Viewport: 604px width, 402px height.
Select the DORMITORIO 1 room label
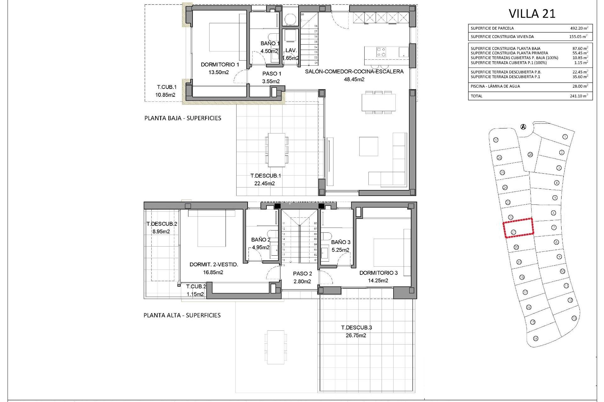pos(220,64)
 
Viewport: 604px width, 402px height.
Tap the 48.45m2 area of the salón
pos(354,79)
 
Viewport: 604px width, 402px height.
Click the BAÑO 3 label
pos(340,242)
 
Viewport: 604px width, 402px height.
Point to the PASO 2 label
pos(302,274)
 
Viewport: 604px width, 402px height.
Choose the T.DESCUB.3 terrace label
pos(356,328)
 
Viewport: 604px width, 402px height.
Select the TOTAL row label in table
pos(476,96)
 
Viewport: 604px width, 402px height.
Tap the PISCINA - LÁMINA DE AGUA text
pos(495,86)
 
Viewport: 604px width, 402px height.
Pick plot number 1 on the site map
pos(565,137)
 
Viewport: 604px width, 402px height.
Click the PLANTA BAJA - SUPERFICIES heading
pos(182,118)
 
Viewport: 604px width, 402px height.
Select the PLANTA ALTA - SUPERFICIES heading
pos(182,315)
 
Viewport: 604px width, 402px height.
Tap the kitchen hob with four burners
pos(381,52)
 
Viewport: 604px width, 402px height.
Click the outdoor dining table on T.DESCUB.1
pos(276,150)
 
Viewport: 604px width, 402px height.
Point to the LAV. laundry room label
pos(291,50)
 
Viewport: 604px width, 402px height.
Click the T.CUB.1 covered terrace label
pos(167,87)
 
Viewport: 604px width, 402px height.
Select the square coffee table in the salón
pos(368,146)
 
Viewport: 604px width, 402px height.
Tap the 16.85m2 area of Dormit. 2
pos(213,272)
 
